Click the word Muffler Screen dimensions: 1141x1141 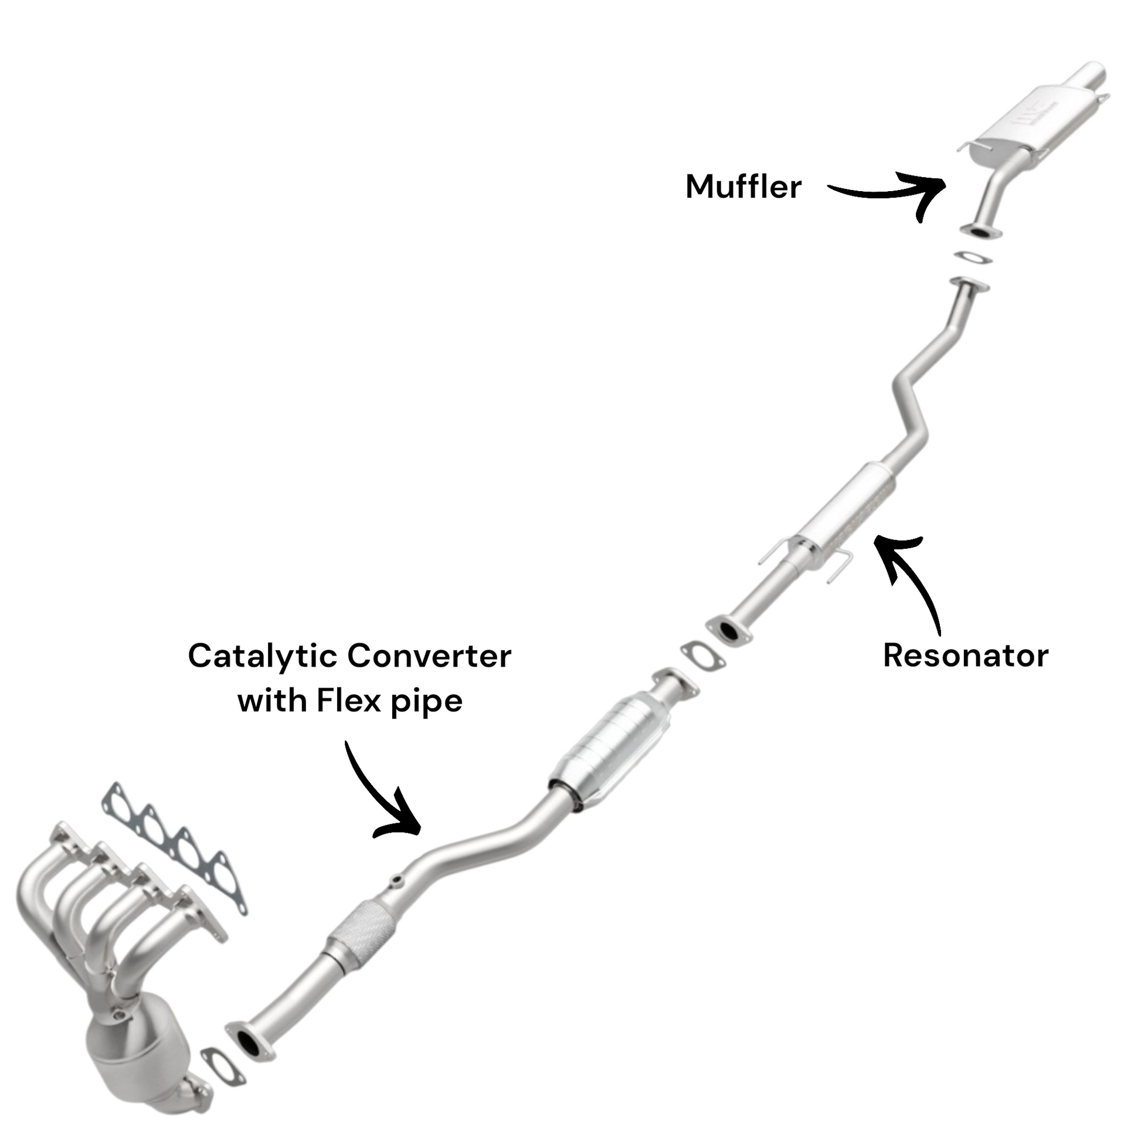(743, 186)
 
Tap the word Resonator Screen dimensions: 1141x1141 (966, 656)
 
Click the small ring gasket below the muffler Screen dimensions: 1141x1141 (973, 257)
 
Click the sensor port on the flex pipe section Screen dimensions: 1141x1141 (396, 884)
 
